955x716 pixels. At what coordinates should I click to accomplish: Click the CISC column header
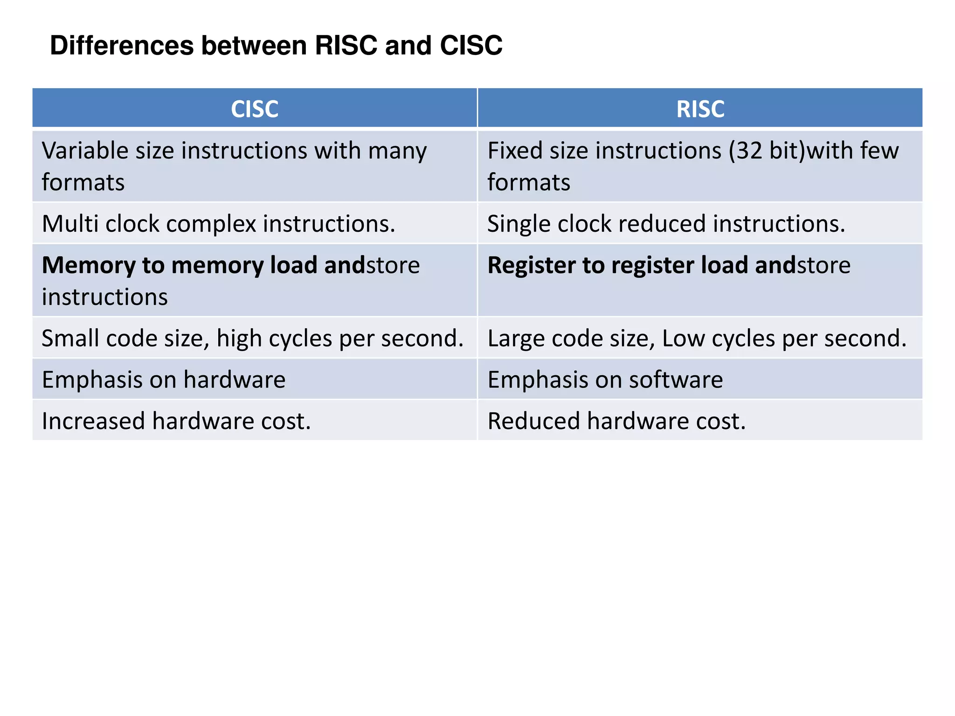255,109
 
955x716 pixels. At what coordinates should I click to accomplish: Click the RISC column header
700,109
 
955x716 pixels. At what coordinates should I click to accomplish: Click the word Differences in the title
122,46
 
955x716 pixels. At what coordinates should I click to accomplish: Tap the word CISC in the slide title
471,46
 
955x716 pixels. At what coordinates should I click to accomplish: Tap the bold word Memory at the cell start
89,265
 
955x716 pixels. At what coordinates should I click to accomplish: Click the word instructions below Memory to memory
105,297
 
